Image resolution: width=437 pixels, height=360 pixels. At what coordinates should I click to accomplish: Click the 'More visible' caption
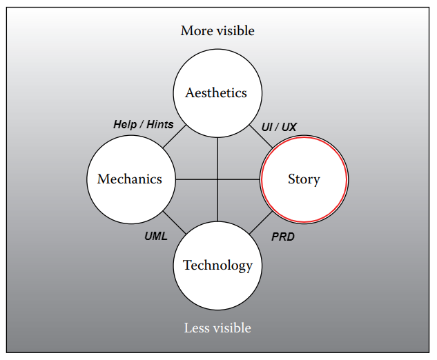coord(217,31)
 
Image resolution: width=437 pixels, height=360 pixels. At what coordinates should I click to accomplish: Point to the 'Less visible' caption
coord(217,328)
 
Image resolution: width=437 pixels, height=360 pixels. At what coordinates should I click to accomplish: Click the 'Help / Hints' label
coord(143,125)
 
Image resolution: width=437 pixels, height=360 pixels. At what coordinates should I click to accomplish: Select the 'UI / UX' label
coord(279,127)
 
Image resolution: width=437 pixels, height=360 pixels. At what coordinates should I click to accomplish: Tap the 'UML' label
coord(156,236)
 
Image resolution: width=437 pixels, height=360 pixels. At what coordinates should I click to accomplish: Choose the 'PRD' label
coord(283,237)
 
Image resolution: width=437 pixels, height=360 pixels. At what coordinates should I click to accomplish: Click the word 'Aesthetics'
coord(216,93)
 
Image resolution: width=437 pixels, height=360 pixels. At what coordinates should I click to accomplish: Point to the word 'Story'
coord(304,179)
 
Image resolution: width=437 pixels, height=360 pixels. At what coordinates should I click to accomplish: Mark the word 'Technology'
coord(217,266)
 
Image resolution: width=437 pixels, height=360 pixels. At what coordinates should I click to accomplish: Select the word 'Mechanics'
coord(130,179)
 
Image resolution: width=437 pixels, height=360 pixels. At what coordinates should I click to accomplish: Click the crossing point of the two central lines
coord(217,180)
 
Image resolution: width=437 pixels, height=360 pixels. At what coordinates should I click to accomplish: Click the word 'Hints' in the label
coord(159,125)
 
